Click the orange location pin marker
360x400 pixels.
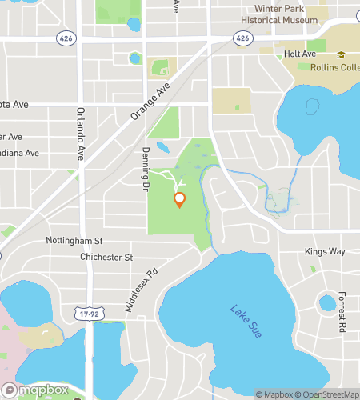[180, 199]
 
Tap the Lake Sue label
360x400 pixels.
[246, 321]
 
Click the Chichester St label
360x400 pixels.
[106, 258]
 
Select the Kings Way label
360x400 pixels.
[325, 251]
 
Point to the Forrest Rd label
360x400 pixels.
[341, 311]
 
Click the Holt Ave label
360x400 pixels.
[300, 54]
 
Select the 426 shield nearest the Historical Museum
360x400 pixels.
[242, 38]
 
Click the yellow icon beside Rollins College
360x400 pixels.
[341, 54]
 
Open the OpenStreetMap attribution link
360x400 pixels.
[329, 394]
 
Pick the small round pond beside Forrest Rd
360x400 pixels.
[326, 303]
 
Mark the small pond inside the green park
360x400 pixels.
[163, 147]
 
